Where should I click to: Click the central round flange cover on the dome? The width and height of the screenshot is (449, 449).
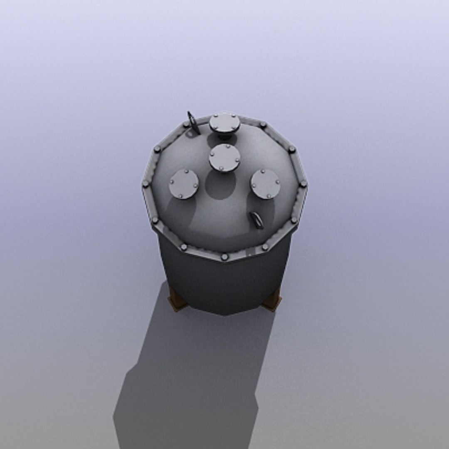224,158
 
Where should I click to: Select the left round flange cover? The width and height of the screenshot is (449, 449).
184,184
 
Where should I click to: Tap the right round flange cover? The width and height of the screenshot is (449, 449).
265,184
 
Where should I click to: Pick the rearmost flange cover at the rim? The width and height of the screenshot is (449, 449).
224,123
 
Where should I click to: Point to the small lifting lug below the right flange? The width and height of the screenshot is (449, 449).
257,220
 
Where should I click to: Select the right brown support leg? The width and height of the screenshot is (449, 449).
272,301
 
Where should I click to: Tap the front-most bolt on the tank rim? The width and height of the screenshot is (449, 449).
224,257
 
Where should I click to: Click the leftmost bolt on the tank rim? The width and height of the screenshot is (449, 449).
146,183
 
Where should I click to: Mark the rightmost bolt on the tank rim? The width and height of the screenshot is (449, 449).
303,183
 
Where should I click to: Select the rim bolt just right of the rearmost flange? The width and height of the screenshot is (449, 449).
262,124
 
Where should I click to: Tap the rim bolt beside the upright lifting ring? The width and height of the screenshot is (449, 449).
186,124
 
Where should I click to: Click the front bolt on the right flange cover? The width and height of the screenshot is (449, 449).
269,196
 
